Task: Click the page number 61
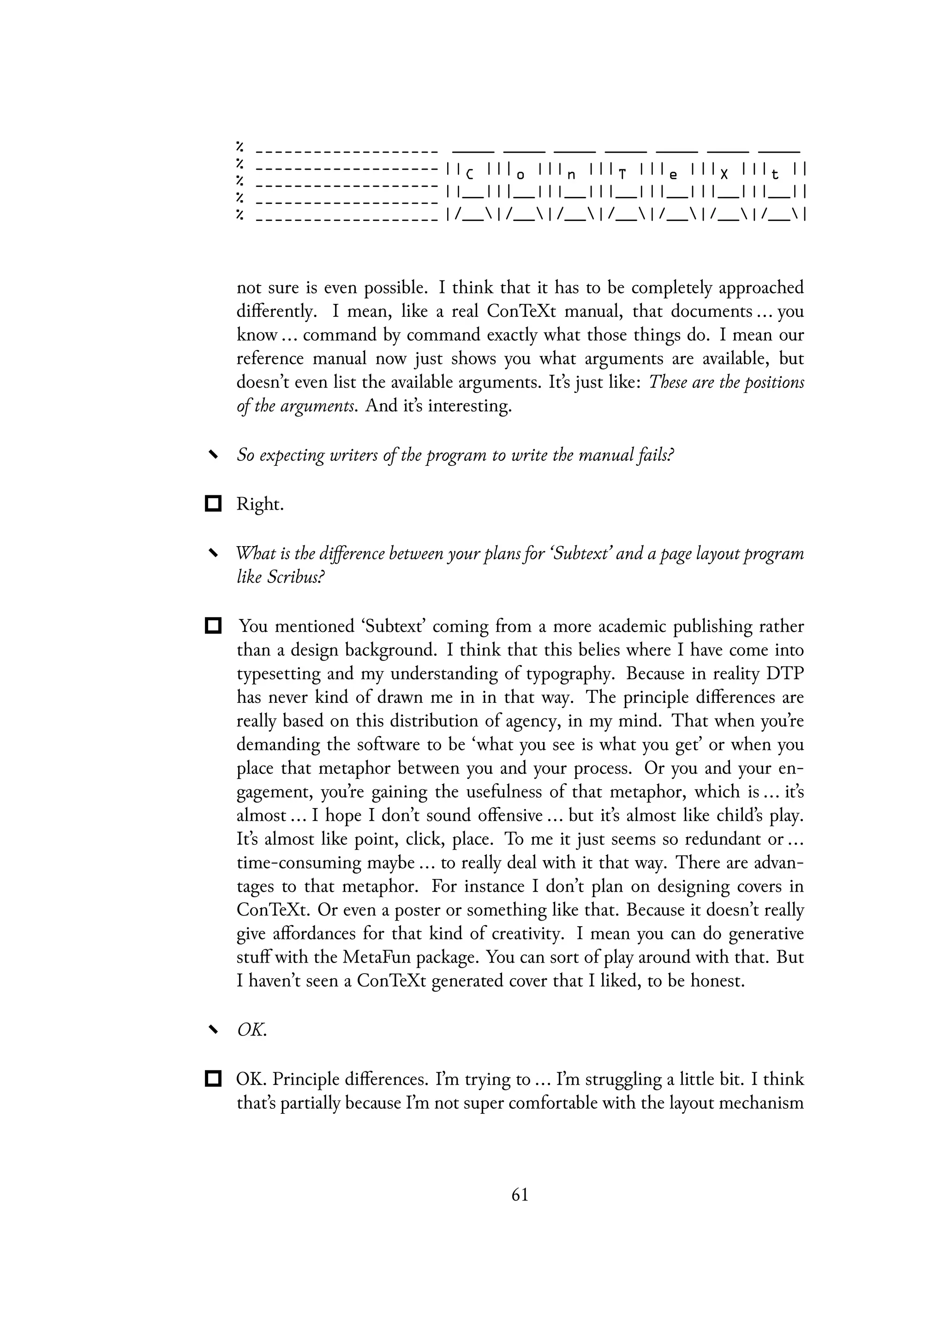[x=520, y=1195]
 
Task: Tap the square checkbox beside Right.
[x=214, y=504]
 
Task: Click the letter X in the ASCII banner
[x=724, y=174]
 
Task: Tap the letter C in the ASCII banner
[x=470, y=174]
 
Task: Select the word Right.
[x=259, y=504]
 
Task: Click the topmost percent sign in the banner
[x=239, y=145]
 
